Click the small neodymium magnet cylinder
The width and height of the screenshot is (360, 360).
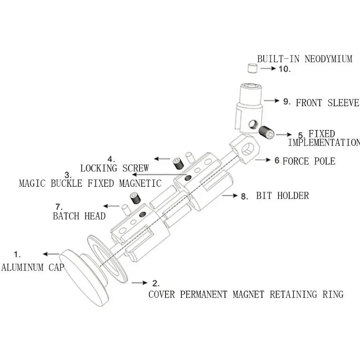pyautogui.click(x=252, y=68)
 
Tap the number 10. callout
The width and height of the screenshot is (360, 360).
pyautogui.click(x=285, y=69)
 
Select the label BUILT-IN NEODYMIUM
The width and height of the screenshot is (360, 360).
pyautogui.click(x=305, y=59)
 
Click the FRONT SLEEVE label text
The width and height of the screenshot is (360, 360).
pyautogui.click(x=327, y=103)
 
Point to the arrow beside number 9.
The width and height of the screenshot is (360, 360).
pyautogui.click(x=272, y=100)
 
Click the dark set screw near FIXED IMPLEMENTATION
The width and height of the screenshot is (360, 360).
pyautogui.click(x=267, y=132)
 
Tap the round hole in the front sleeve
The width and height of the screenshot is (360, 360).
pyautogui.click(x=253, y=124)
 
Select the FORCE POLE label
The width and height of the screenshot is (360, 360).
pyautogui.click(x=309, y=161)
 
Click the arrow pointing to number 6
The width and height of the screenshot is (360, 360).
pyautogui.click(x=263, y=160)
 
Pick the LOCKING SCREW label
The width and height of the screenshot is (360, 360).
pyautogui.click(x=114, y=168)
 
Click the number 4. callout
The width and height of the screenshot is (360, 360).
pyautogui.click(x=111, y=159)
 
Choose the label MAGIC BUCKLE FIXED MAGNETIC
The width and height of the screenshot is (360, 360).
pyautogui.click(x=90, y=183)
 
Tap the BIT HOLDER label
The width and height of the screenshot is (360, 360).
pyautogui.click(x=283, y=196)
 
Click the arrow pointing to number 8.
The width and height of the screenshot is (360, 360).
pyautogui.click(x=230, y=196)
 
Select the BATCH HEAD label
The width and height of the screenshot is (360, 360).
pyautogui.click(x=79, y=216)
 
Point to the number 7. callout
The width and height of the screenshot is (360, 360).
pyautogui.click(x=59, y=207)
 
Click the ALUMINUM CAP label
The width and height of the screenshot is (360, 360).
pyautogui.click(x=32, y=267)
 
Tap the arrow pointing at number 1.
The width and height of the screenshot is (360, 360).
pyautogui.click(x=51, y=254)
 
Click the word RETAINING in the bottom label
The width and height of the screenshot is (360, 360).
pyautogui.click(x=293, y=294)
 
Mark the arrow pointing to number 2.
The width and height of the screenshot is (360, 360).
pyautogui.click(x=139, y=283)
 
